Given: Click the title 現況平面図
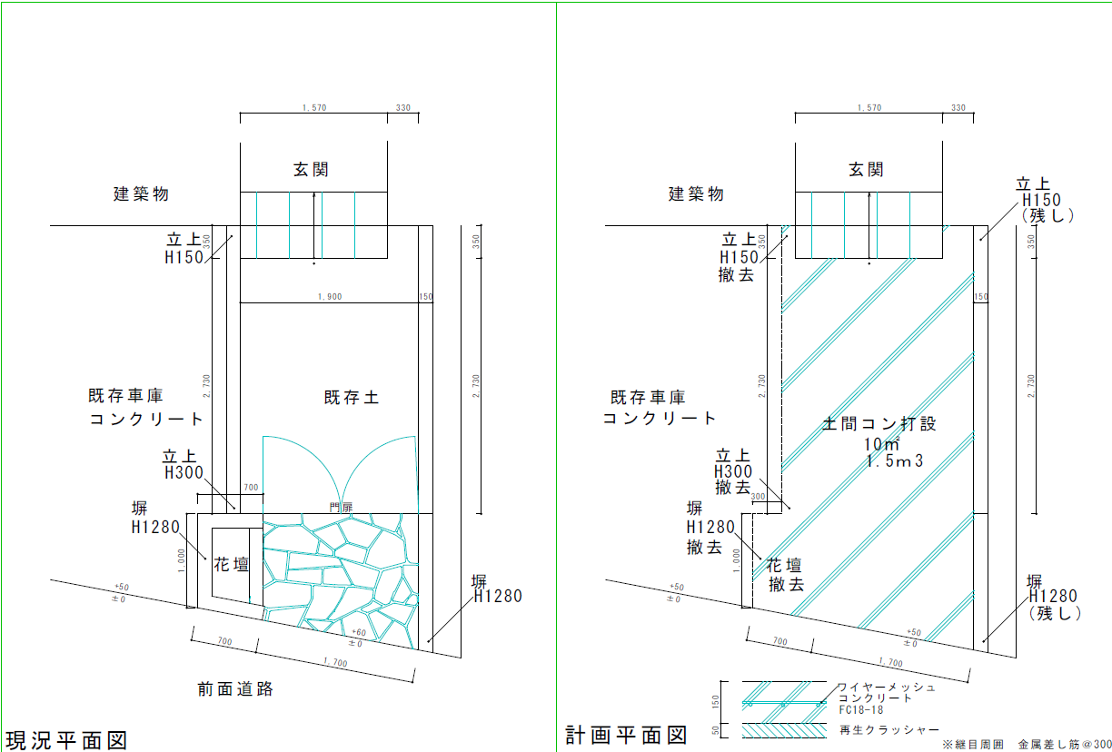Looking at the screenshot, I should click(x=65, y=738).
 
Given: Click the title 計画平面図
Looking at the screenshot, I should click(x=625, y=734).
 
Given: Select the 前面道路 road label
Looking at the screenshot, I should click(x=235, y=688).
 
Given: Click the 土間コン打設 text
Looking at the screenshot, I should click(x=879, y=423).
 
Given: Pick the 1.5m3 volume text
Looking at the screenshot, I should click(x=895, y=461).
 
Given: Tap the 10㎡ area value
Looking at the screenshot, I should click(x=881, y=444).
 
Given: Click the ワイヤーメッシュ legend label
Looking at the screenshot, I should click(x=885, y=688).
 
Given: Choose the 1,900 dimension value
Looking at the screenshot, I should click(x=329, y=297).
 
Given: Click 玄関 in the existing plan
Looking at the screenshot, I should click(x=310, y=169).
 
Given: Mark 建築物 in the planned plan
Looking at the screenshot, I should click(x=696, y=193).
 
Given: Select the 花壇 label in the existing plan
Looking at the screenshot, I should click(x=231, y=564).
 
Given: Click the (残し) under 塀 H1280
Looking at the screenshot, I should click(x=1052, y=613).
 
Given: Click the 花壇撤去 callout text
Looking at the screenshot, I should click(x=787, y=574).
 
